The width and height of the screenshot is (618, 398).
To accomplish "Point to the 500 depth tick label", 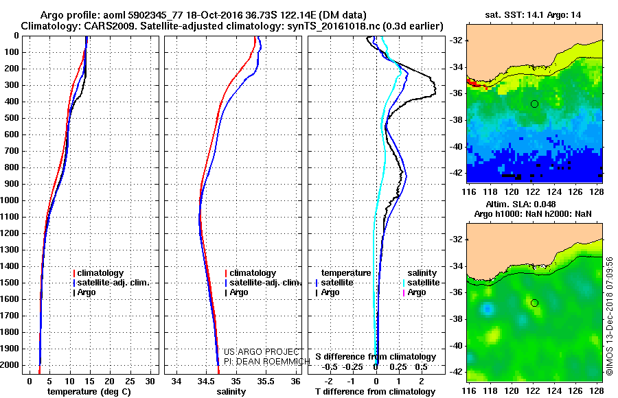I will [x=12, y=118].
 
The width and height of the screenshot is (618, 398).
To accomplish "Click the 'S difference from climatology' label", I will [x=376, y=357].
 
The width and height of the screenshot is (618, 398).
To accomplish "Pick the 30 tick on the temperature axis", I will [x=148, y=380].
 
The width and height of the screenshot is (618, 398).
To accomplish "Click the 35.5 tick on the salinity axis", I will [x=265, y=380].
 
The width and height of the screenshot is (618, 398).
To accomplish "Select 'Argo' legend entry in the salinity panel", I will [x=239, y=292].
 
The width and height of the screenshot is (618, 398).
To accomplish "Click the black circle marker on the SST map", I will [x=534, y=104].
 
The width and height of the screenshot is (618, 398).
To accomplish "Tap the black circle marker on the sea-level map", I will [x=534, y=303].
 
